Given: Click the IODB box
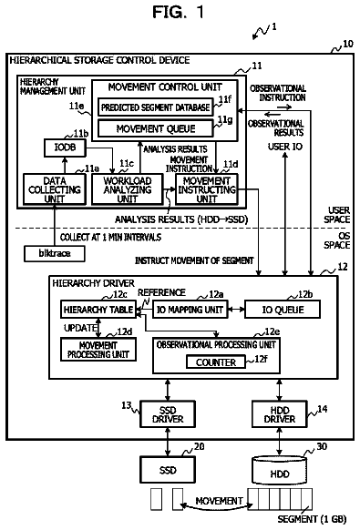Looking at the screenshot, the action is point(65,148).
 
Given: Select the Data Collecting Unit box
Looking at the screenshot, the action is point(55,189).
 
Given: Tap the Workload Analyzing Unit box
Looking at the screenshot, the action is point(128,189).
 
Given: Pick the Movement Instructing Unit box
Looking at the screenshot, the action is point(207,189).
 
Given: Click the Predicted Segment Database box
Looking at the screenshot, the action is point(156,107).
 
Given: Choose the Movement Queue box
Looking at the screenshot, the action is point(156,128).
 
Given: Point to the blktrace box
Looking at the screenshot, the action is point(55,253).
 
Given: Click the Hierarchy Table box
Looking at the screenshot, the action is point(98,310).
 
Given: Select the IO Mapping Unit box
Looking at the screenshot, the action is point(190,310).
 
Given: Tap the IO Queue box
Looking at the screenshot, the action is point(283,310).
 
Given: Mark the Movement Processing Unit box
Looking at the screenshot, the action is point(98,350).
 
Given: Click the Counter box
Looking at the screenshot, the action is point(216,362).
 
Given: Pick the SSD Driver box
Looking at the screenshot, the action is point(168,414).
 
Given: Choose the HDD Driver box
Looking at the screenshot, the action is point(280,414).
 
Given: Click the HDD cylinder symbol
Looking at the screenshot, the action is point(280,470).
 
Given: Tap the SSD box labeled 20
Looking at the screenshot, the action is point(168,470).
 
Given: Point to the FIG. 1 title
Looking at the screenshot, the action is point(179,12).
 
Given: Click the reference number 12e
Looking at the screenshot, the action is point(272,331).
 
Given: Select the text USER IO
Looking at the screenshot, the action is point(285,147).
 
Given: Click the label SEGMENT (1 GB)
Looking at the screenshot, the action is point(312,519).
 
